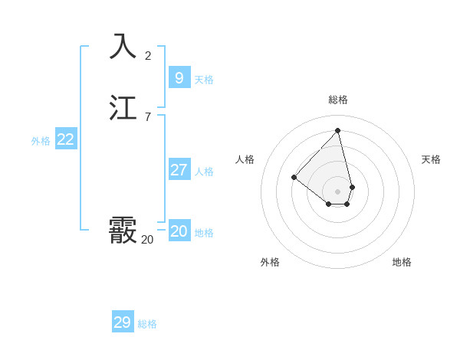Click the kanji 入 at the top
click(123, 47)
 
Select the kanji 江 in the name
click(123, 108)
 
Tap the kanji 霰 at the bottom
click(123, 229)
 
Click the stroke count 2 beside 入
click(148, 56)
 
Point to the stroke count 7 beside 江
click(148, 117)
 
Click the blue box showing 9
click(179, 77)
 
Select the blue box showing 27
click(179, 169)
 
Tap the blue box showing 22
click(65, 139)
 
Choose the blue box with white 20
click(179, 231)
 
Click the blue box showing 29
click(122, 322)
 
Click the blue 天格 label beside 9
click(204, 80)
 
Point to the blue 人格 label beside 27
click(204, 172)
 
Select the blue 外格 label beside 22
click(41, 141)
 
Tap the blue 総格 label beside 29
click(147, 324)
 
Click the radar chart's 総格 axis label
click(338, 100)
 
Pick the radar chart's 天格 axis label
click(431, 159)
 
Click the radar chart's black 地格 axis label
click(402, 262)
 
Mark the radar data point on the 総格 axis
click(338, 130)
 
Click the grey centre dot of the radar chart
click(338, 191)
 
